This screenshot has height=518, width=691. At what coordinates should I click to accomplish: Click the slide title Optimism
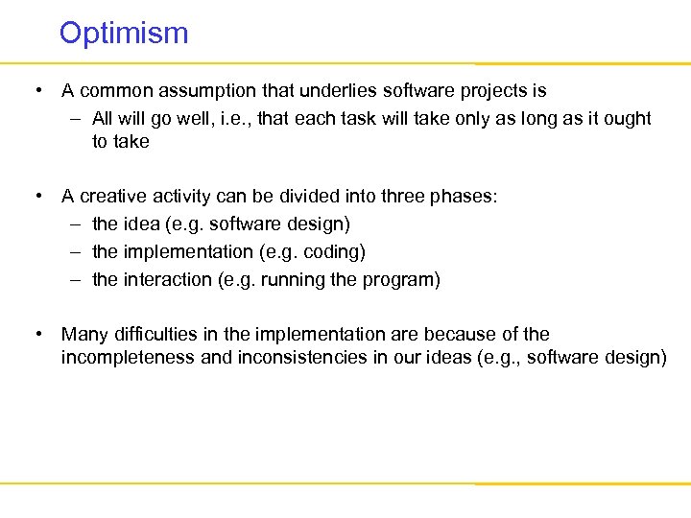[124, 34]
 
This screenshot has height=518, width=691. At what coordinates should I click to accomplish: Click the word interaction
[168, 280]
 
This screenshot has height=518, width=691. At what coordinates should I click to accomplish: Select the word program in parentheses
[401, 280]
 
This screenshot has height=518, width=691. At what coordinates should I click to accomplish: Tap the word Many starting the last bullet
[82, 335]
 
